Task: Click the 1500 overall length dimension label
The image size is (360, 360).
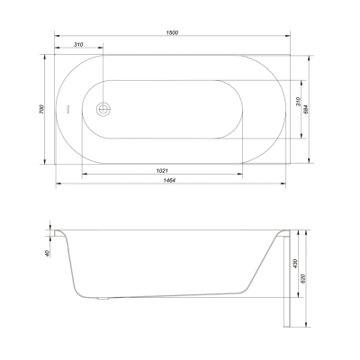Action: click(x=172, y=32)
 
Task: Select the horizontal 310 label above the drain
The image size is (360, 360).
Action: click(x=78, y=45)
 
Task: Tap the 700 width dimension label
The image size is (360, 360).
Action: click(x=41, y=109)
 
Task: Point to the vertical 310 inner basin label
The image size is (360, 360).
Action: click(x=298, y=102)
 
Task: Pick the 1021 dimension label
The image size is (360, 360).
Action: click(x=162, y=171)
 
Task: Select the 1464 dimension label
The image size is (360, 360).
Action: click(x=169, y=180)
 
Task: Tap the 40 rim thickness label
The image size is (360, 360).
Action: click(x=47, y=254)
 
